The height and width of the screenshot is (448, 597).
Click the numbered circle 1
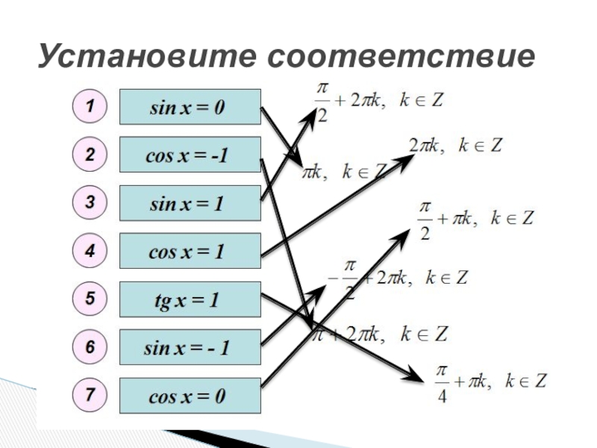[90, 107]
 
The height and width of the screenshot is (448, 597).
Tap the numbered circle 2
[90, 155]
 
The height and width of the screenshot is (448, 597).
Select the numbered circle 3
[90, 203]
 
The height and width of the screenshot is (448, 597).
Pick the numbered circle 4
[90, 251]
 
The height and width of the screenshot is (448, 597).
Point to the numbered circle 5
[90, 299]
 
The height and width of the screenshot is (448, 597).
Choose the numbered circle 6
[90, 347]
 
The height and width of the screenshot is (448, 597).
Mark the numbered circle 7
[90, 395]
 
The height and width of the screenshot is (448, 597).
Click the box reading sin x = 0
[190, 108]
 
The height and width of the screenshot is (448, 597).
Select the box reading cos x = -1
[190, 155]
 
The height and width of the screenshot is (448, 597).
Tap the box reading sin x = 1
[190, 203]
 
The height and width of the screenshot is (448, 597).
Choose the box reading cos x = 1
[190, 252]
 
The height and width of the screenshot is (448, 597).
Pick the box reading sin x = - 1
[190, 348]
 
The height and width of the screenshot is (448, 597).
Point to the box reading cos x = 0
[190, 396]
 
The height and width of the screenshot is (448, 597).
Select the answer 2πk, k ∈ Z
[455, 145]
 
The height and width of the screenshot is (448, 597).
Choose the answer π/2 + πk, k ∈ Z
[474, 219]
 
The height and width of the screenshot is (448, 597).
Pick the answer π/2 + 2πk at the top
[377, 101]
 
